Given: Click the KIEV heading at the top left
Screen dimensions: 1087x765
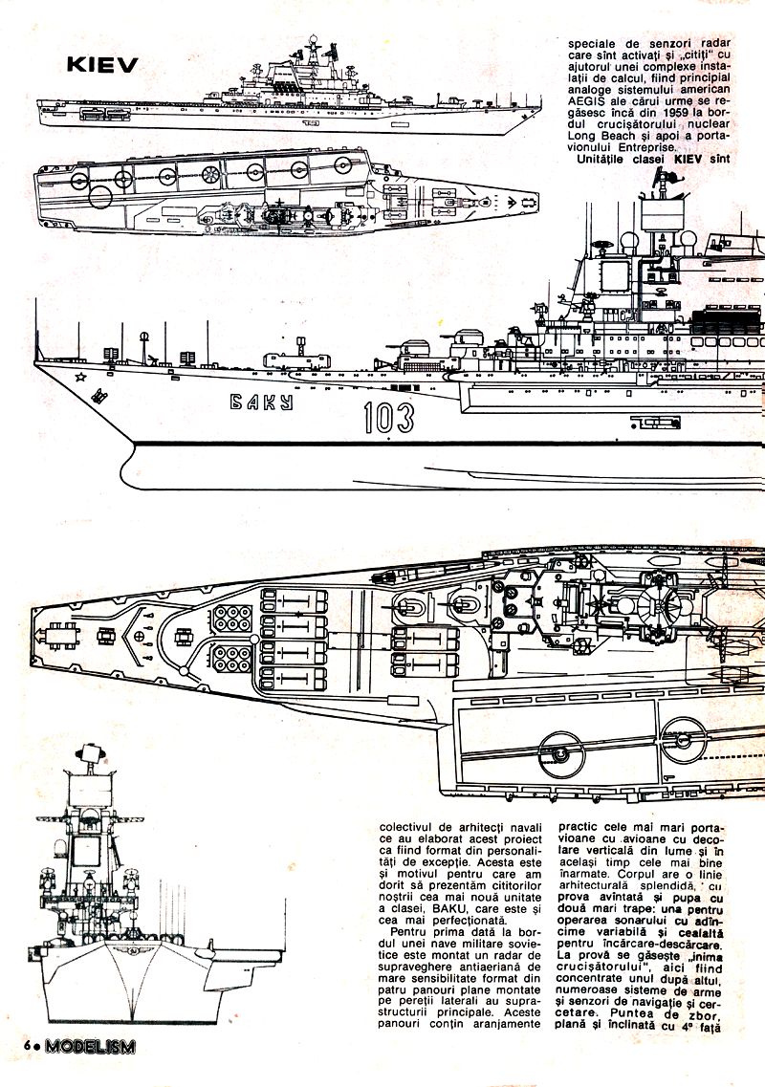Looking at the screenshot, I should click(x=102, y=64).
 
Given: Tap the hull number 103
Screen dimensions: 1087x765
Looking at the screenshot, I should click(x=388, y=418).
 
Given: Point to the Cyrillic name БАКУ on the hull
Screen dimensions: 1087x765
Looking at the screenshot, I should click(x=262, y=402).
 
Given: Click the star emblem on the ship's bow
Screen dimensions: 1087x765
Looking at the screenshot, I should click(x=81, y=377).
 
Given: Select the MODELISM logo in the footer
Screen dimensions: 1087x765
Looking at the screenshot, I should click(x=91, y=1045).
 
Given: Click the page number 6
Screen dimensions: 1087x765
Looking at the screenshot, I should click(x=29, y=1045).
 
